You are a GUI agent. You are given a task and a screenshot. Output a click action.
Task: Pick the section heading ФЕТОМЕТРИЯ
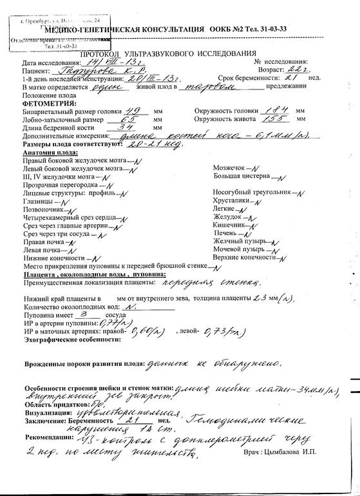tap(49, 103)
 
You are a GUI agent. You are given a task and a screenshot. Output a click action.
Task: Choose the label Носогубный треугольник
tap(252, 192)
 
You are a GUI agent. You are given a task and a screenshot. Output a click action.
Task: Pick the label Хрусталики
tap(231, 200)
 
